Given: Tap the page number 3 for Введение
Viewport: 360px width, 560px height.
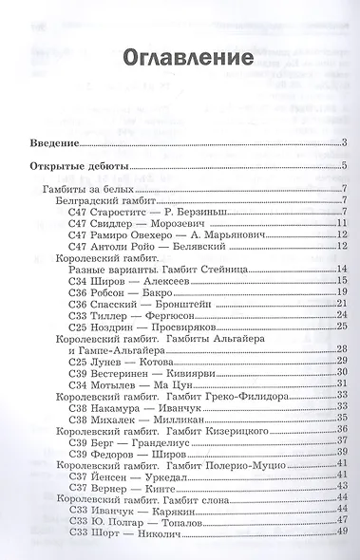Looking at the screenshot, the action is tap(347, 144).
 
